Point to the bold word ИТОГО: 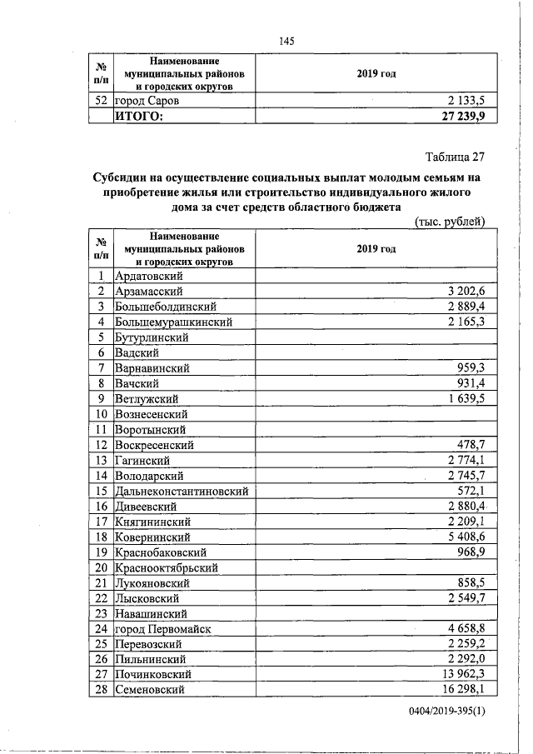pos(139,116)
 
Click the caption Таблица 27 pos(455,157)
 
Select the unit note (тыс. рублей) pos(450,222)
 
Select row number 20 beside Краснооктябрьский pos(102,567)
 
